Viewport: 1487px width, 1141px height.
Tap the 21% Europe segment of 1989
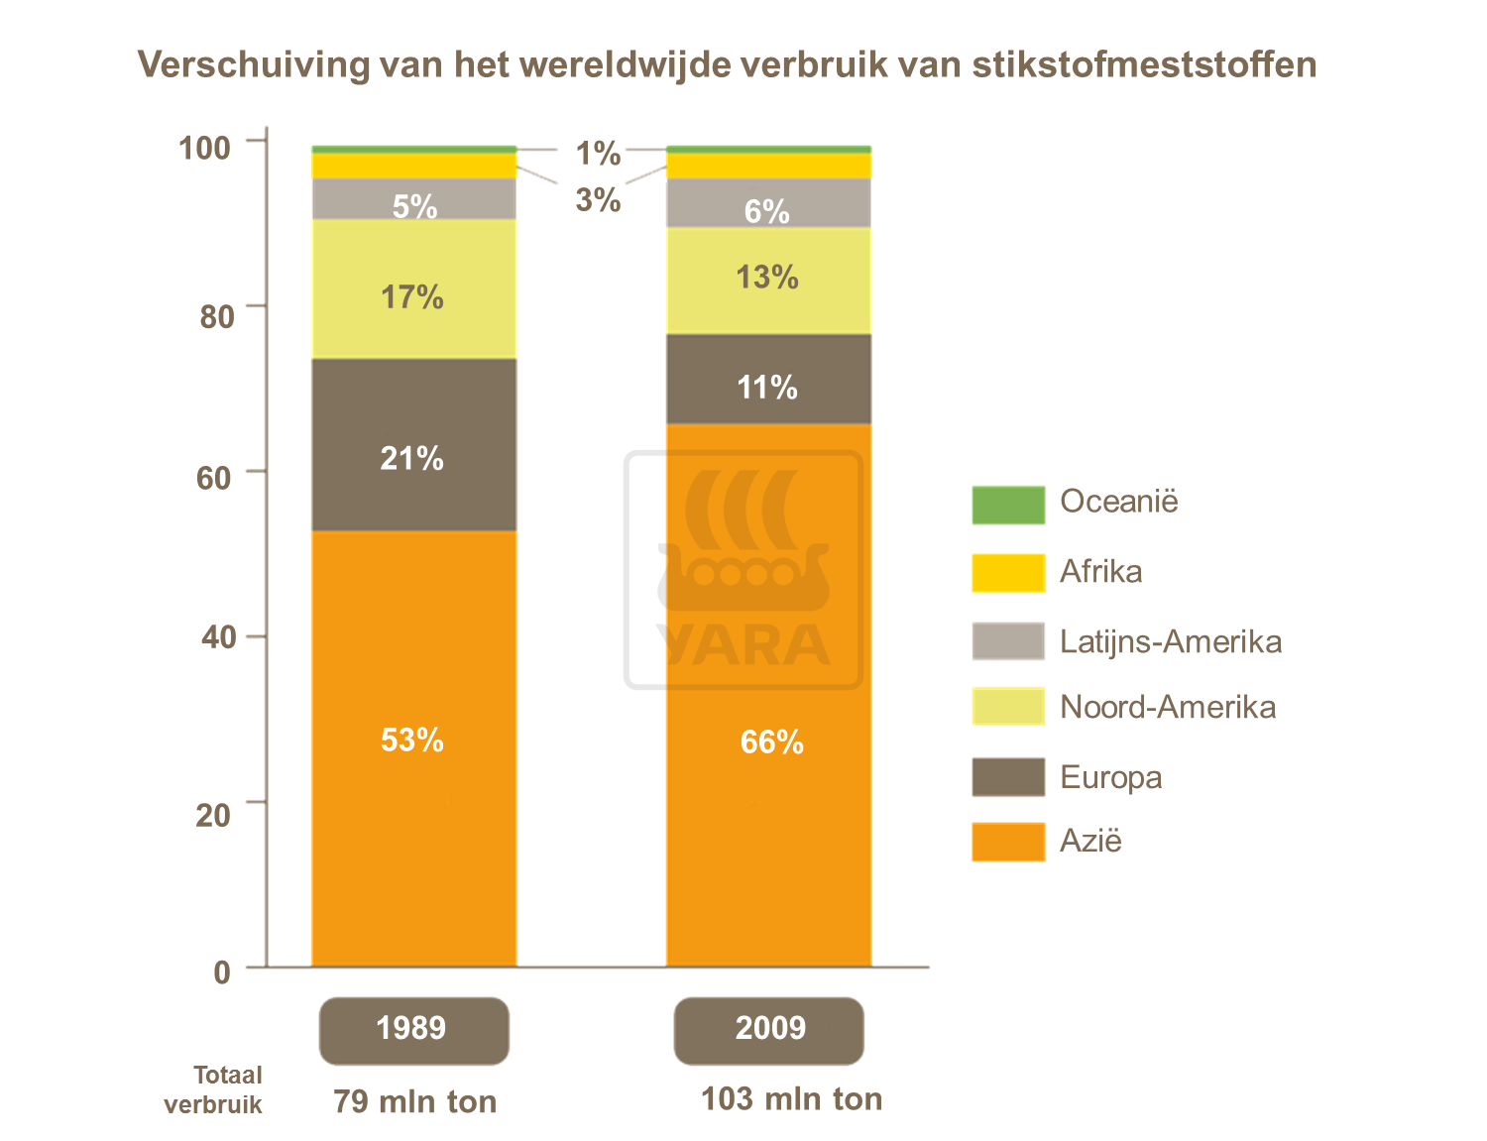click(x=413, y=458)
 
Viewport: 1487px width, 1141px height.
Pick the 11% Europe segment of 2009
click(x=768, y=387)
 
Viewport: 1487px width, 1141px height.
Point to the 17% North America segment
click(x=413, y=296)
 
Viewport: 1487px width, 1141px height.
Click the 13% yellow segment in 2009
click(x=768, y=278)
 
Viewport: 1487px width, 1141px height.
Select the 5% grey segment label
click(x=414, y=206)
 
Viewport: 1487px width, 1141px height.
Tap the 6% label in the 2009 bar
click(x=767, y=211)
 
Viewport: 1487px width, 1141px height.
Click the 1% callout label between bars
click(x=598, y=154)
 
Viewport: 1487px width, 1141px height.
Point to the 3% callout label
click(x=598, y=200)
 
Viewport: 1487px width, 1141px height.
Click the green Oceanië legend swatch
click(x=1007, y=505)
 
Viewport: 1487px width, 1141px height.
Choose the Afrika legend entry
click(x=1100, y=572)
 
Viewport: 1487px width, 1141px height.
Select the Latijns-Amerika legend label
click(x=1170, y=641)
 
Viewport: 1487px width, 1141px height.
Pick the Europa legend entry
click(x=1110, y=777)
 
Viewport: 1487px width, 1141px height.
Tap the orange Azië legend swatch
click(x=1007, y=842)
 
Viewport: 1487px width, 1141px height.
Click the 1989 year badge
click(x=413, y=1029)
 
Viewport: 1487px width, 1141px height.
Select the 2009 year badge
click(x=769, y=1029)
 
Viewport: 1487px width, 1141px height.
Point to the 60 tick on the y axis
click(x=215, y=477)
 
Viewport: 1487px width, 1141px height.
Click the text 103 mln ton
click(x=791, y=1099)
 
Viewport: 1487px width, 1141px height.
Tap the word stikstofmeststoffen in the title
click(x=1144, y=64)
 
